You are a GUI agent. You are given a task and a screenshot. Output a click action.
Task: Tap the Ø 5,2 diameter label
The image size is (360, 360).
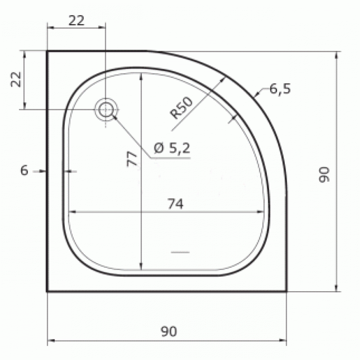click(172, 148)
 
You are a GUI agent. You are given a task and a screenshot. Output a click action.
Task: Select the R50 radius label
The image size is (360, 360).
click(181, 108)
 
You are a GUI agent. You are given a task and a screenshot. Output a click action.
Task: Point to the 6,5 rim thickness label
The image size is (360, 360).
click(280, 89)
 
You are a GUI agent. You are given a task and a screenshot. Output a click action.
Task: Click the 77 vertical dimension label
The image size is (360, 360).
click(132, 158)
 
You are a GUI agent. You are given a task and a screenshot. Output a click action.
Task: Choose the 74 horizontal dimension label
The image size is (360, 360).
click(175, 204)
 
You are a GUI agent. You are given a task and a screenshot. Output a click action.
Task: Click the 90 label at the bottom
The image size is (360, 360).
click(169, 331)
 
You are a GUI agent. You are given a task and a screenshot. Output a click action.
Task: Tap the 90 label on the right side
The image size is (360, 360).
click(324, 175)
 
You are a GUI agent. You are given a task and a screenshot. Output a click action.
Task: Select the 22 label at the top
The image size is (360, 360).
click(76, 20)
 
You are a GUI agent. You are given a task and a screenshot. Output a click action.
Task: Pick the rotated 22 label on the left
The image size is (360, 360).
click(16, 80)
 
